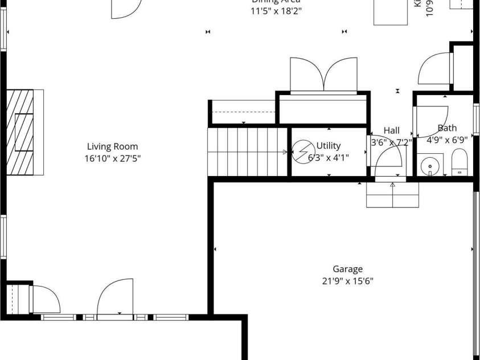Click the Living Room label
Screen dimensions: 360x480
pos(112,146)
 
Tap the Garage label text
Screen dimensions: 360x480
pos(347,269)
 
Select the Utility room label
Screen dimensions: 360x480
pos(329,146)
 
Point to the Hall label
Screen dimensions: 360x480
pos(392,130)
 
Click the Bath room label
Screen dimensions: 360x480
pos(447,128)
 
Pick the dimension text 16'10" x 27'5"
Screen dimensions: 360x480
pos(112,158)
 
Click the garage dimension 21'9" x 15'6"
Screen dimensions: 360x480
pos(347,281)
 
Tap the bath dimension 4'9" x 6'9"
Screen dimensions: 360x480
pos(447,140)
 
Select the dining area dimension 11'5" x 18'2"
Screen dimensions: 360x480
pos(276,11)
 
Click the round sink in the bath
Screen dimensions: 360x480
pos(429,166)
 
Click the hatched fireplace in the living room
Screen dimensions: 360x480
pos(24,132)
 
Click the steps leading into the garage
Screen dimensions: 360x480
pos(393,195)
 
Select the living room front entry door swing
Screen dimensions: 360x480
pos(116,298)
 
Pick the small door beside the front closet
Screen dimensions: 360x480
pos(45,298)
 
